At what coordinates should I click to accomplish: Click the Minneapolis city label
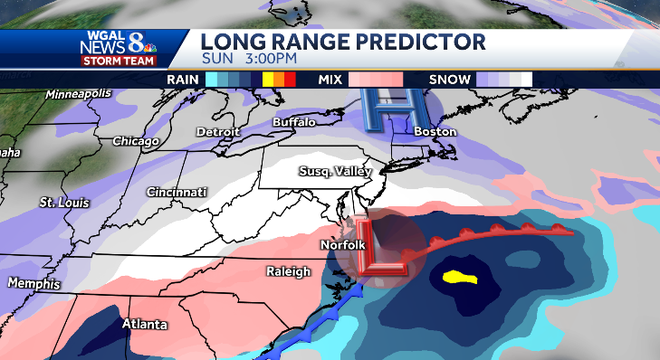76,94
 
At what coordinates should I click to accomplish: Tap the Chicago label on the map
136,141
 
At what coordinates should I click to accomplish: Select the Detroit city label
217,132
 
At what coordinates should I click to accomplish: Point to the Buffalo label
295,121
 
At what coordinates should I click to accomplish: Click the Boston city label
434,132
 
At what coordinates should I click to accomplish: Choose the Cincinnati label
175,191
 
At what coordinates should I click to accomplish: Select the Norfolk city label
341,243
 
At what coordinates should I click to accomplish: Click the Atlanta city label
144,324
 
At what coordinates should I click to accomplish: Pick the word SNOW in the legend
447,78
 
